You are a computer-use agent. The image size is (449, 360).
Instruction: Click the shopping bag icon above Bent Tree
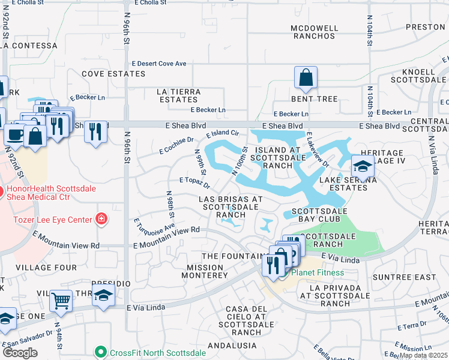point(306,77)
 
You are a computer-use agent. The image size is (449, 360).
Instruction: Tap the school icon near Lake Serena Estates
point(363,166)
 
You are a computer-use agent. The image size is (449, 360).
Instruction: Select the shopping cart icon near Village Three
point(61,301)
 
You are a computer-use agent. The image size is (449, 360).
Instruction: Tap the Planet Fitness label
point(318,273)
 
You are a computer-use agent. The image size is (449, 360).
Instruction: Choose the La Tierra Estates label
point(179,95)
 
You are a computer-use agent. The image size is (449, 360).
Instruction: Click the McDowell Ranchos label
point(313,32)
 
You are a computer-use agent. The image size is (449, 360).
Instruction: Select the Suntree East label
point(405,277)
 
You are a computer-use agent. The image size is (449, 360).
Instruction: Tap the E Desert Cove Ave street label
point(160,63)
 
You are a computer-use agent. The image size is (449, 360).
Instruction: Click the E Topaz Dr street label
point(194,180)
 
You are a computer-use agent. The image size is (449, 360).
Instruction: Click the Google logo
point(19,353)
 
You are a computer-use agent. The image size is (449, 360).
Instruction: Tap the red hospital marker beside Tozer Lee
point(101,218)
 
